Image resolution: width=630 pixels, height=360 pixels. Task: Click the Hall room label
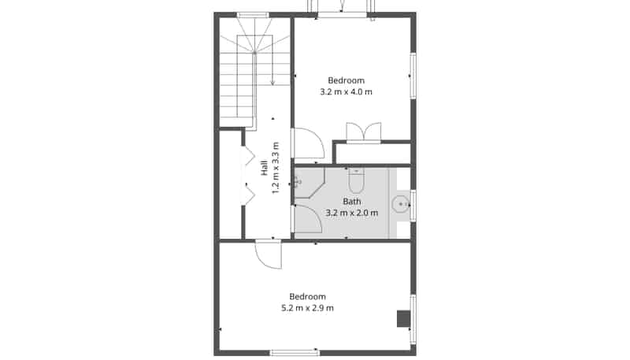(264, 168)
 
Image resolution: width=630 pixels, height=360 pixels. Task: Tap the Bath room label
(351, 202)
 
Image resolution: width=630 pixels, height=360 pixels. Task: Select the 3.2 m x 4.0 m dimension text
(346, 91)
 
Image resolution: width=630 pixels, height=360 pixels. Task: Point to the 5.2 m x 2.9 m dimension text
(307, 308)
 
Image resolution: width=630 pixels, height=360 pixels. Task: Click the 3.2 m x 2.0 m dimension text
(351, 213)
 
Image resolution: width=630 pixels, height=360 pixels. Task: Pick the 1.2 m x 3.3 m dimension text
(276, 168)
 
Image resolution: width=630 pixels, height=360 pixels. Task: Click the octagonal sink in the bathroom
(401, 204)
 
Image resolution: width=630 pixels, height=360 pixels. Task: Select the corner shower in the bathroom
(309, 183)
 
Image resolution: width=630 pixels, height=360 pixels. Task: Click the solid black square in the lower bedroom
(403, 318)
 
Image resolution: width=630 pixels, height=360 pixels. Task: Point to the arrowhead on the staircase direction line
(272, 83)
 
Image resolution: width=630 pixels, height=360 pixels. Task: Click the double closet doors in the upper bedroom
(364, 132)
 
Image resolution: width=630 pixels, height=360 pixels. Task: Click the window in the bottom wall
(295, 353)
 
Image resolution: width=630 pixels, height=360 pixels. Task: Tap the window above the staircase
(253, 15)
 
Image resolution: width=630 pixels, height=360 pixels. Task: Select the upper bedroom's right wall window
(413, 76)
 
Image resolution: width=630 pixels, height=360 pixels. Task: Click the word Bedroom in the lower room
(307, 296)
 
